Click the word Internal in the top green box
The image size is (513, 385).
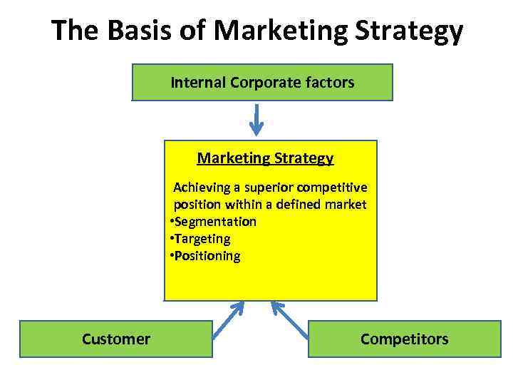198,83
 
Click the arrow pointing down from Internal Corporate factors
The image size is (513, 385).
256,119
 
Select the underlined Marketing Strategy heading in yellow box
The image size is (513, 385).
265,158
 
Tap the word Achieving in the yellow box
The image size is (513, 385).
202,188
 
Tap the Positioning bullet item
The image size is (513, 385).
207,256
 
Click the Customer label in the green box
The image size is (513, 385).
116,339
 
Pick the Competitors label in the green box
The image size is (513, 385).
405,339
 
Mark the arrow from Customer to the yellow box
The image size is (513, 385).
228,319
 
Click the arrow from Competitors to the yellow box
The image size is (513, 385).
291,319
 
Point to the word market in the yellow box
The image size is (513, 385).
345,205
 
